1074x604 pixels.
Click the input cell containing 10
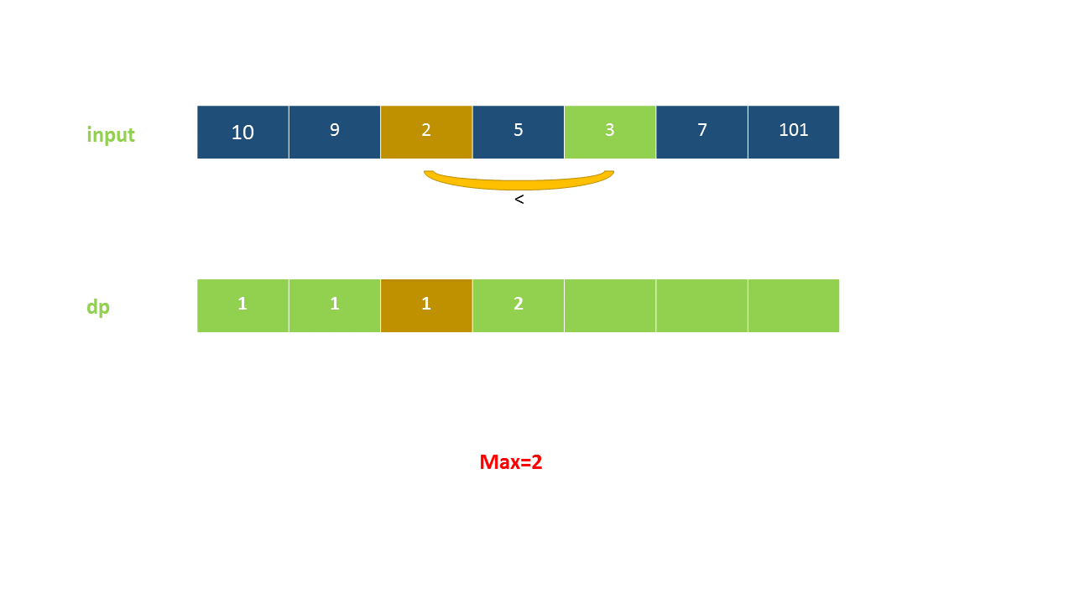(x=242, y=132)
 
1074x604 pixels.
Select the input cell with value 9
(x=334, y=132)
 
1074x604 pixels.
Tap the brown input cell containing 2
(x=426, y=132)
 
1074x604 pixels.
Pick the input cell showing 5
(x=518, y=132)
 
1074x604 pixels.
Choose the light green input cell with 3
(x=610, y=132)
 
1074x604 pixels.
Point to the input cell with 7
(x=701, y=132)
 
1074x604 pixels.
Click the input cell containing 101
(x=793, y=132)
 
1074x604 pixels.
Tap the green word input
(x=111, y=135)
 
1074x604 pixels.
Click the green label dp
(x=98, y=307)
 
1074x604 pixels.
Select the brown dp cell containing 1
(x=426, y=305)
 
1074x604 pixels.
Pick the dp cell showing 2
(x=518, y=305)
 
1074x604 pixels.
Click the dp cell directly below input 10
(x=242, y=305)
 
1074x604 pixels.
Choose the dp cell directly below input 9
(x=334, y=305)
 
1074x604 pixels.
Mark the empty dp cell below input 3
(x=610, y=305)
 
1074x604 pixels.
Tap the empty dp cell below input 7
(x=701, y=305)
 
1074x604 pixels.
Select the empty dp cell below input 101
(x=793, y=305)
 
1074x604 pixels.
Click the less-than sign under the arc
(x=519, y=200)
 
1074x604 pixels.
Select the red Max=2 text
(x=511, y=462)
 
